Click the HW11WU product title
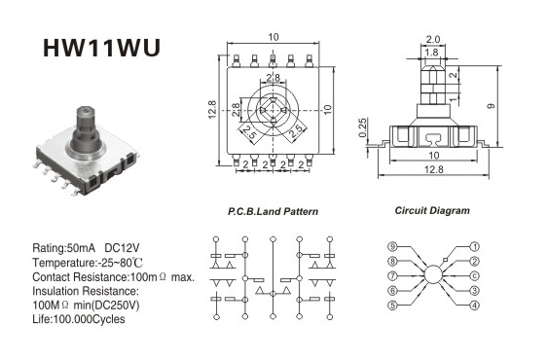click(x=101, y=48)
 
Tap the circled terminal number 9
click(x=393, y=246)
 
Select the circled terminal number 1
click(x=474, y=246)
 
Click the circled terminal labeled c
click(x=474, y=276)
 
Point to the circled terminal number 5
click(x=393, y=306)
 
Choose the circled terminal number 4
click(x=474, y=306)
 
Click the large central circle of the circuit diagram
click(x=433, y=274)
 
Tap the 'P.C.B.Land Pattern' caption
click(x=273, y=211)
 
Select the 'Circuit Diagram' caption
click(x=432, y=210)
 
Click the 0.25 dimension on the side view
click(x=362, y=127)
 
